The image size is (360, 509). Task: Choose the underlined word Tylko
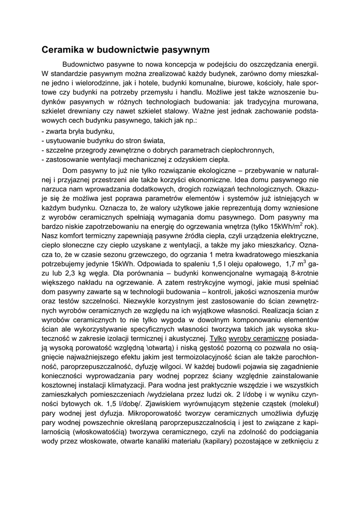tap(218, 338)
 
